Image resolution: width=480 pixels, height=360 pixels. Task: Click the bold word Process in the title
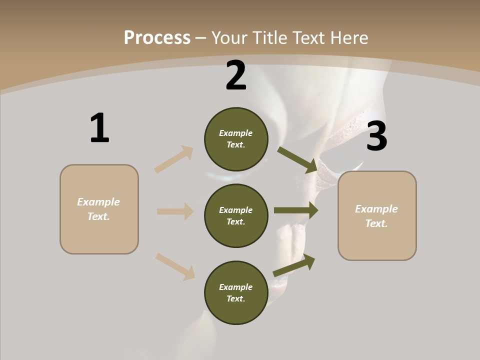click(157, 37)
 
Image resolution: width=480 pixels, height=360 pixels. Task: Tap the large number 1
click(99, 128)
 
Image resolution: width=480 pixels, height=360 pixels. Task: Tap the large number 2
click(236, 75)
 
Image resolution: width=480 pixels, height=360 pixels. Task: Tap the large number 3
click(376, 136)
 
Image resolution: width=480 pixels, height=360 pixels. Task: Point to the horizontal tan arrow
click(175, 211)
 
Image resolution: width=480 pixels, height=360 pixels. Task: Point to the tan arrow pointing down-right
click(175, 266)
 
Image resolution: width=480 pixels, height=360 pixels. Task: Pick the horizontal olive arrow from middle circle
click(296, 210)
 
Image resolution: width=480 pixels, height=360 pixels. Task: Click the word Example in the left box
click(98, 202)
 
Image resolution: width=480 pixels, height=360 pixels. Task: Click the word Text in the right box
click(376, 223)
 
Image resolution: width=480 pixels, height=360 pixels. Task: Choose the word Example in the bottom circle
click(235, 287)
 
